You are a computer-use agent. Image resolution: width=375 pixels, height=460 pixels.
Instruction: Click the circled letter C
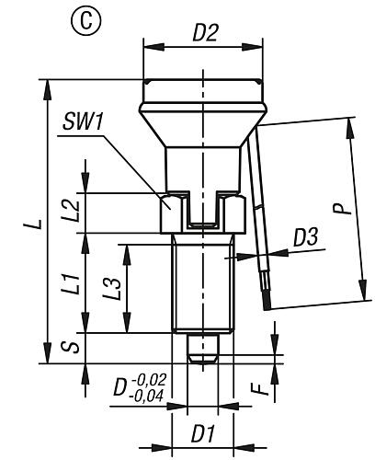[x=86, y=21]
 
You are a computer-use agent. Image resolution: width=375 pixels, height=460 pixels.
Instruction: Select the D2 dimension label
[x=205, y=33]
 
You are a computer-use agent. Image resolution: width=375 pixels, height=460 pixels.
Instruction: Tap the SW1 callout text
[x=82, y=122]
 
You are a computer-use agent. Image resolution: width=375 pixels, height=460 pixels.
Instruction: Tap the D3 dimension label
[x=306, y=237]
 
